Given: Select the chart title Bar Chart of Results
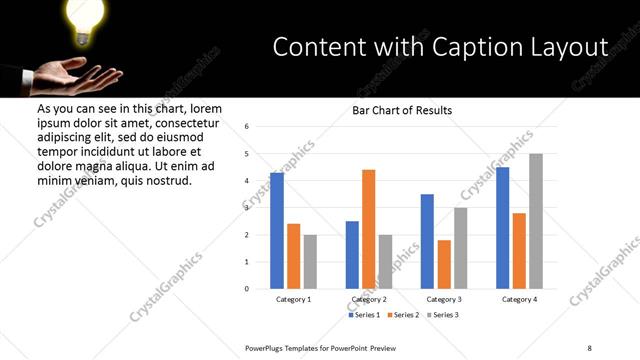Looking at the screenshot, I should point(402,110).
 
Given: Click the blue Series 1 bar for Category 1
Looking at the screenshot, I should point(277,231).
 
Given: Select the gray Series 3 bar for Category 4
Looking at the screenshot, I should point(537,221).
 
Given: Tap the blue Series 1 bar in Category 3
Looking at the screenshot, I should point(427,241).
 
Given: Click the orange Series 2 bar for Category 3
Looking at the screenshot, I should point(444,264).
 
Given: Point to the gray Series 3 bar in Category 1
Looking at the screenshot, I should point(310,262).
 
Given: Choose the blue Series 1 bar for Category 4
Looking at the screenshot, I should point(503,228).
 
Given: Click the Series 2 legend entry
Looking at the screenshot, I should point(402,315).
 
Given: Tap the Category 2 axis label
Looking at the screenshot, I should point(369,299).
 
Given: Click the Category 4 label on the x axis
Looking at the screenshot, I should point(520,299).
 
